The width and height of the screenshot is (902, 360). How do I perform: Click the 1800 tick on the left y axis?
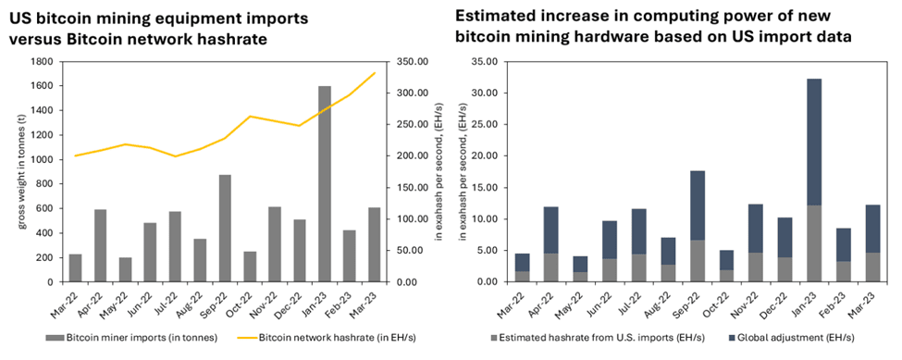pyautogui.click(x=39, y=62)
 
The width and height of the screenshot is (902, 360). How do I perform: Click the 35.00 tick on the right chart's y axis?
pyautogui.click(x=483, y=62)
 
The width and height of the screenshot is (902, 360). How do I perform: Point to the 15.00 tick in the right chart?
pyautogui.click(x=483, y=188)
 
